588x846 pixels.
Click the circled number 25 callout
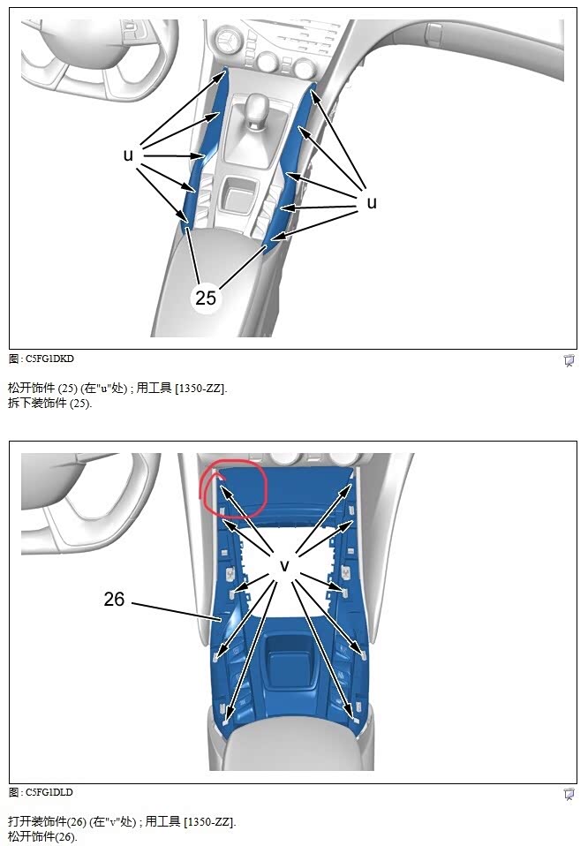(206, 298)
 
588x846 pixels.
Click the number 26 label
(114, 599)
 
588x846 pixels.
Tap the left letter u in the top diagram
(128, 155)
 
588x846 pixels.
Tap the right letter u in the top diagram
(372, 202)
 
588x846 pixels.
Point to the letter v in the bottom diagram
(284, 564)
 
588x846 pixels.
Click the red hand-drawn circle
(233, 487)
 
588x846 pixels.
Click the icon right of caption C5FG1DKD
(569, 360)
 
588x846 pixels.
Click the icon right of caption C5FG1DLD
(569, 794)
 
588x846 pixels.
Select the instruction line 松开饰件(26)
(42, 835)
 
